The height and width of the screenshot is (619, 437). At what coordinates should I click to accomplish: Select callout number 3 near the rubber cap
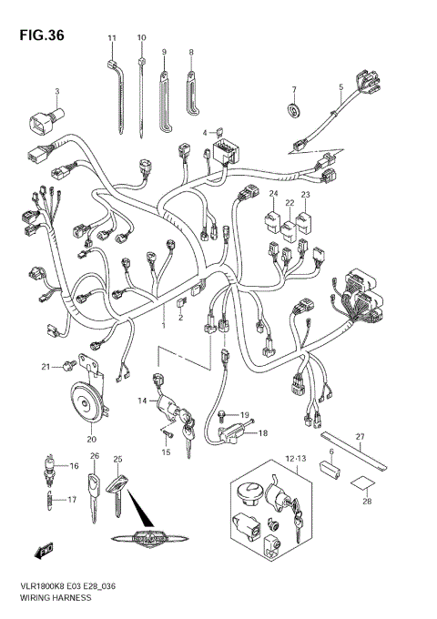tap(56, 91)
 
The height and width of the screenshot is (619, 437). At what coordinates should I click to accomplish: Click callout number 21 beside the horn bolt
tap(43, 366)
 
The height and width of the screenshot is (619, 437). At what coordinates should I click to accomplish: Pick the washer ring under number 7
tap(294, 112)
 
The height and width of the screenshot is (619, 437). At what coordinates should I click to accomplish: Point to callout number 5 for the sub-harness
tap(340, 89)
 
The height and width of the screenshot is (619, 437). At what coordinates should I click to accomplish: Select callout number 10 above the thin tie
tap(141, 37)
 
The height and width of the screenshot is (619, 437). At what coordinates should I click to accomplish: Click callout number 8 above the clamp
tap(191, 53)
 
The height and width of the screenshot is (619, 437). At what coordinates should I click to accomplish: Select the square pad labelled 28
tap(361, 487)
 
